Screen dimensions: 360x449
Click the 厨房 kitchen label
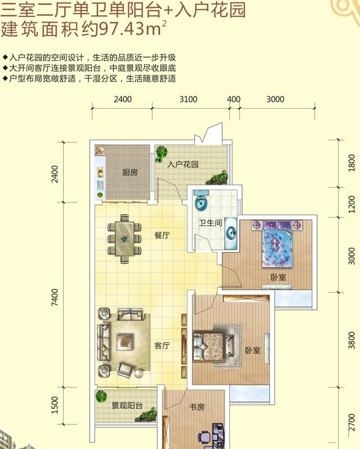tap(130, 172)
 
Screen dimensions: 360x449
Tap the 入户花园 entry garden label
tap(183, 164)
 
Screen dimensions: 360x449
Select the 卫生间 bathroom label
tap(210, 223)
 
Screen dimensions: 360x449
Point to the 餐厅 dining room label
tap(162, 236)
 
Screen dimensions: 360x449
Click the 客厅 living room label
tap(162, 346)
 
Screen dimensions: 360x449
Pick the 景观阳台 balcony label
tap(127, 405)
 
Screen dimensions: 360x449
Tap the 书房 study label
tap(197, 407)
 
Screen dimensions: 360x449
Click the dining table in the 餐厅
tap(124, 239)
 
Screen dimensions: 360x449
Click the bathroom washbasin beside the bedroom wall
tap(231, 233)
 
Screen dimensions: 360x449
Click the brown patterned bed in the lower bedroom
tap(213, 346)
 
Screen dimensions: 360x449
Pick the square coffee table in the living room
tap(125, 342)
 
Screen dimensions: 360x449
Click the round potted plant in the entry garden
tap(161, 152)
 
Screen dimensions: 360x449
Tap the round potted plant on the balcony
tap(101, 397)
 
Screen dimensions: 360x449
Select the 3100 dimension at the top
tap(188, 99)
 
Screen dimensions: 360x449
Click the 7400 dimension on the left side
tap(55, 297)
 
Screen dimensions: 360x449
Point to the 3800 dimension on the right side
tap(351, 340)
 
